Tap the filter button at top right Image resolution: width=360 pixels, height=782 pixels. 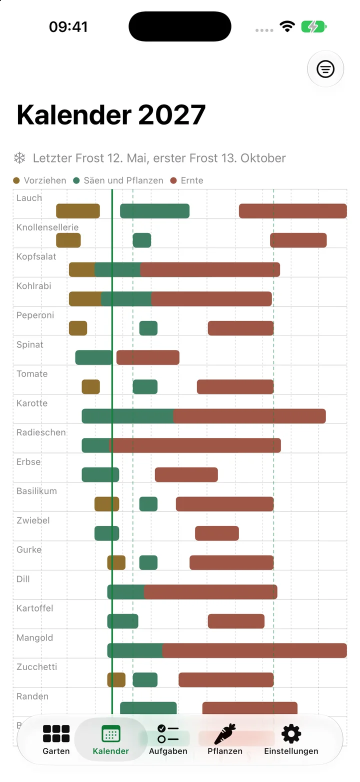(x=325, y=69)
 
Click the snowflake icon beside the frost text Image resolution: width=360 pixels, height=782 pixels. (x=19, y=158)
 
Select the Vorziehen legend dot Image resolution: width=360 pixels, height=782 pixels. (x=16, y=180)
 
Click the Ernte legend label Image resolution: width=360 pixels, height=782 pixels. (x=191, y=180)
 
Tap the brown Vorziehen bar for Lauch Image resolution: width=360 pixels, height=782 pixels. (x=78, y=211)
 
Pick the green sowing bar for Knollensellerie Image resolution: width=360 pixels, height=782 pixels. (x=142, y=240)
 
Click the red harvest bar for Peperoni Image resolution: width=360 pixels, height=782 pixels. (x=240, y=328)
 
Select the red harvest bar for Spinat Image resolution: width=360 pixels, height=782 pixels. (x=147, y=357)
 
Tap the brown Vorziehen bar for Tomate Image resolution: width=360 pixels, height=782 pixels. (x=91, y=387)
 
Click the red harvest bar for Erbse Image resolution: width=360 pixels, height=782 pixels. (x=186, y=475)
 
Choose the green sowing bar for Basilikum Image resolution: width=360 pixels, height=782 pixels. (x=148, y=504)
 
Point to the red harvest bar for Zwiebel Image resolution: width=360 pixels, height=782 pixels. (x=217, y=533)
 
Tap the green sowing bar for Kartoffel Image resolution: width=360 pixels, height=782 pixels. (x=122, y=621)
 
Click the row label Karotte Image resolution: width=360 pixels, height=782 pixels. (x=32, y=403)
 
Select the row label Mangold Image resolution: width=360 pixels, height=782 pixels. (x=34, y=638)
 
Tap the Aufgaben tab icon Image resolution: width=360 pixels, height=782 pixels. (x=168, y=733)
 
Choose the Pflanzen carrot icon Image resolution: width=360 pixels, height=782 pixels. (x=225, y=733)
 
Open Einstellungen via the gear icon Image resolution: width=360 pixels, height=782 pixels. (x=291, y=733)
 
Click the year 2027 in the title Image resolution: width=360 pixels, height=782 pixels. (x=172, y=114)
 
